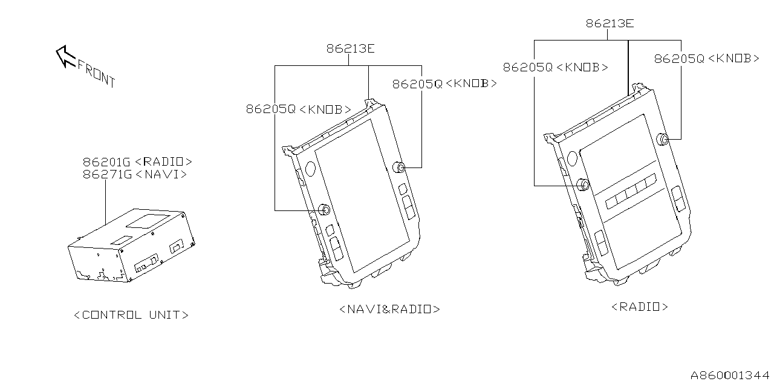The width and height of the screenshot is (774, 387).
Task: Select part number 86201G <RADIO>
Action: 137,162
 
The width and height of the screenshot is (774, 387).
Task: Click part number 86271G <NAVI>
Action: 134,174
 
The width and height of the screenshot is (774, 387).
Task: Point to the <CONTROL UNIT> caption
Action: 131,315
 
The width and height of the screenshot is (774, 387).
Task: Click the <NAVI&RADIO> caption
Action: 389,309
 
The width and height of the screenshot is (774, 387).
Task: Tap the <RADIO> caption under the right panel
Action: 640,307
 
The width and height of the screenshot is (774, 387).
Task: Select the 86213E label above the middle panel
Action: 350,48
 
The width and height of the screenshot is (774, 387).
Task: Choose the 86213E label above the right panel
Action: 609,24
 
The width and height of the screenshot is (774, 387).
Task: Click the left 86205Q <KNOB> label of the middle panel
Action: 298,109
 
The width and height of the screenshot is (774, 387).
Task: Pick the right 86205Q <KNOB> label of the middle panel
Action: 444,84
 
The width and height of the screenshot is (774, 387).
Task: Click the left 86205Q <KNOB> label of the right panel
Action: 556,68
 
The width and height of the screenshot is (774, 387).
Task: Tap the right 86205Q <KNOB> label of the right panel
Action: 706,59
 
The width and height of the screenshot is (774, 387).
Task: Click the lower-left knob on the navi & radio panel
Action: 324,210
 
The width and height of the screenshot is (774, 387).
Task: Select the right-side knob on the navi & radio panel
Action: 400,167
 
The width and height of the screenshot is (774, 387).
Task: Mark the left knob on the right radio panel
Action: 583,184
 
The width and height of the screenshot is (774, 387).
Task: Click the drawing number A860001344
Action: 730,376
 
